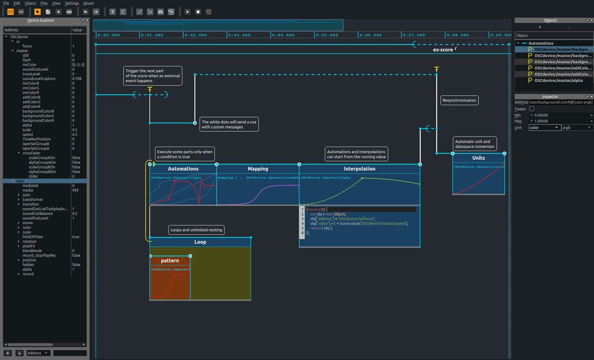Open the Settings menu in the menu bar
72,3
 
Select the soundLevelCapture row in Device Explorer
39,79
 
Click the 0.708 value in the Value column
77,79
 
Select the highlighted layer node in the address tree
20,181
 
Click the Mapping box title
257,169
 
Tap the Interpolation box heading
359,169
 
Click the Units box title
478,158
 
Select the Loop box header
200,242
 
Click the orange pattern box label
170,260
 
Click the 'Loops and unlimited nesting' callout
196,230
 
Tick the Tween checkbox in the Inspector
532,109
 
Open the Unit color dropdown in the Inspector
544,128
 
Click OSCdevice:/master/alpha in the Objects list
558,80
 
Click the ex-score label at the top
443,50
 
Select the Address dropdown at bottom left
38,353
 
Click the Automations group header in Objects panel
544,43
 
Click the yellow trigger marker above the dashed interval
149,90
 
